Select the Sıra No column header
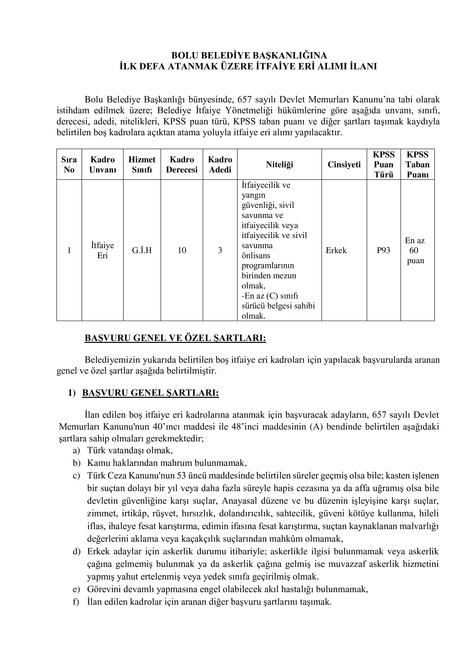click(69, 165)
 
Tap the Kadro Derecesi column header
click(182, 165)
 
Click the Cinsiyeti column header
click(344, 165)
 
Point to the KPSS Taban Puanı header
click(417, 165)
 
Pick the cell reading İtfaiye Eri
click(102, 250)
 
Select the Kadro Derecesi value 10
click(182, 250)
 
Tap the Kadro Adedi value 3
click(220, 250)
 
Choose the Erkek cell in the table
click(336, 250)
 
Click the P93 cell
click(383, 250)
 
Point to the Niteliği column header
click(279, 165)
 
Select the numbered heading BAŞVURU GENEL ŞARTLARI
click(150, 393)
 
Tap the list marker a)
click(76, 451)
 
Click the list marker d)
click(76, 552)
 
